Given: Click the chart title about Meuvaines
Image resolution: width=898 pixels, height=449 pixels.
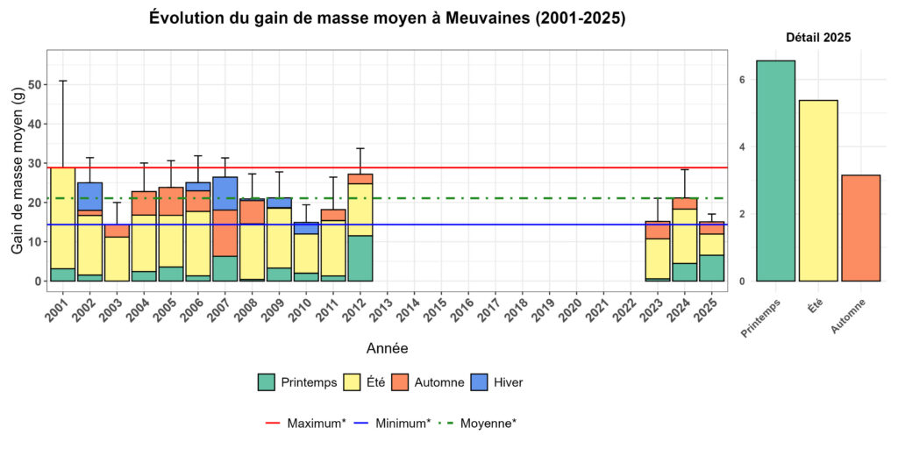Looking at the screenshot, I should tap(387, 18).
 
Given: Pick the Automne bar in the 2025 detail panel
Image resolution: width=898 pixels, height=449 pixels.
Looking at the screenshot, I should tap(860, 228).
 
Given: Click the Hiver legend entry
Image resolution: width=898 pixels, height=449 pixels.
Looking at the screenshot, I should tap(499, 382).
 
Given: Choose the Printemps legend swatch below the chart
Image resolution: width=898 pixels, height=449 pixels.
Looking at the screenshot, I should tap(267, 382).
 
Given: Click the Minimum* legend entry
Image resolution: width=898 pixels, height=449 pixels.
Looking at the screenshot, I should tap(392, 424).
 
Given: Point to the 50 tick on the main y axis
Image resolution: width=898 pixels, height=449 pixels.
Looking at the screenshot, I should tap(35, 85).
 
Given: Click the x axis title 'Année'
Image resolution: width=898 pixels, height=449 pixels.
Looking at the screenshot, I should tap(386, 349).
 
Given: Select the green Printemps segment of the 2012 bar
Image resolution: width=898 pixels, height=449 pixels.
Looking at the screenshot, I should tap(360, 258).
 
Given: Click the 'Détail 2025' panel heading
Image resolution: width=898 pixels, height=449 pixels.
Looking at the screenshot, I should tap(818, 38).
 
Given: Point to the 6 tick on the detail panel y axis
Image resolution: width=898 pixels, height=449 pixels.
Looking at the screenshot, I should tap(741, 80).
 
